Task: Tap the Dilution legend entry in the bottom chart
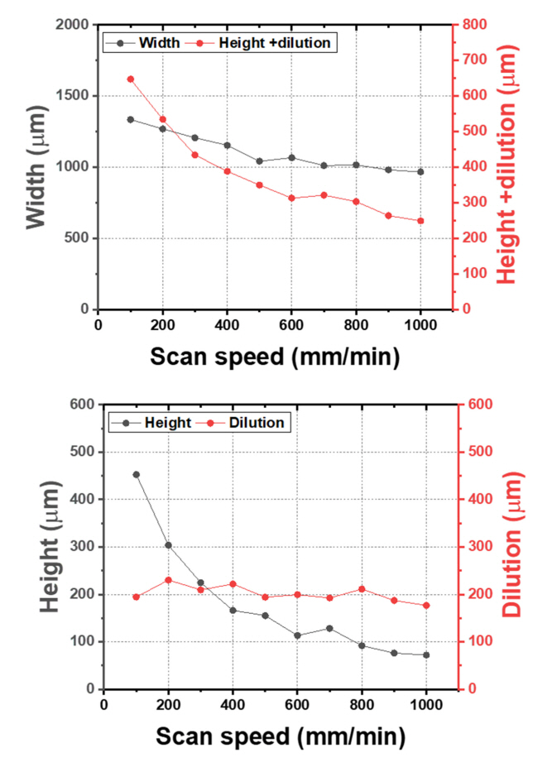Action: point(257,422)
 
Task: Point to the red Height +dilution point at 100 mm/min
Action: point(130,79)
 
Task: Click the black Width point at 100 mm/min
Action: point(130,119)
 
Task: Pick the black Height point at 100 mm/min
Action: point(136,475)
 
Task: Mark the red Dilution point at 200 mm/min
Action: point(168,580)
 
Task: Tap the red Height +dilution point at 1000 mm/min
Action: point(420,221)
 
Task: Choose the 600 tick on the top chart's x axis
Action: point(291,324)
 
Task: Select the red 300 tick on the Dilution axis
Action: point(481,547)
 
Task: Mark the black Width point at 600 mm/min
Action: point(291,157)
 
